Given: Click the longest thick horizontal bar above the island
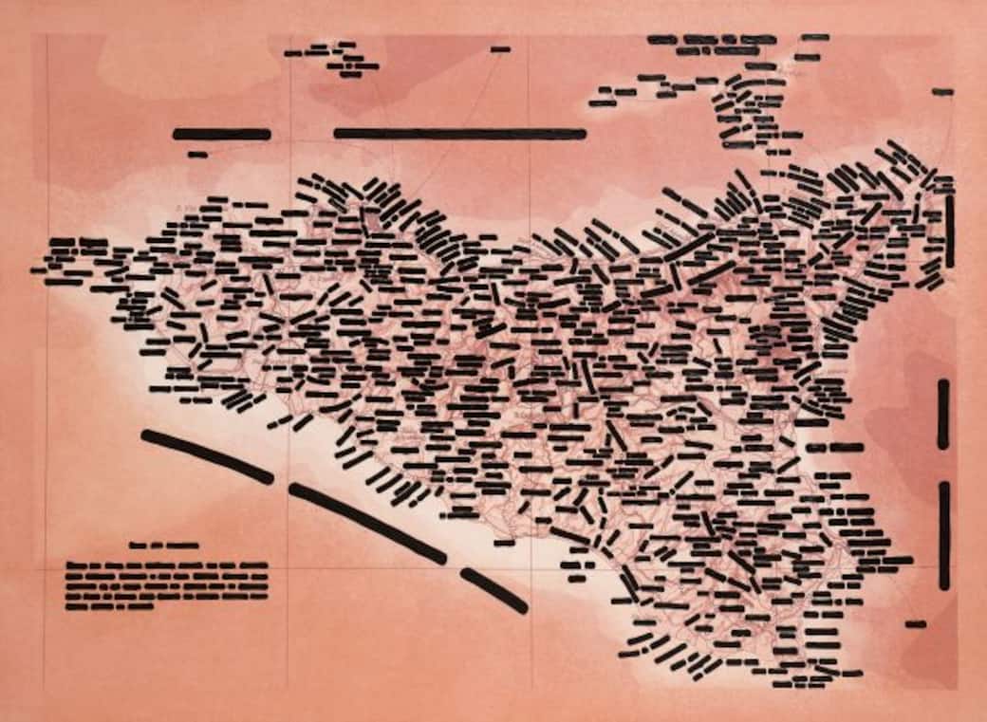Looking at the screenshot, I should coord(459,134).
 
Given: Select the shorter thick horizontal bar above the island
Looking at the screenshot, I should coord(221,135).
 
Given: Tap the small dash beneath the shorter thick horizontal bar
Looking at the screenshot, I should coord(197,154).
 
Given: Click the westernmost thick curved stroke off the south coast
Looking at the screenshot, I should coord(206,454).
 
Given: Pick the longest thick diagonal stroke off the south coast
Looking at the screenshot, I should coord(366,521).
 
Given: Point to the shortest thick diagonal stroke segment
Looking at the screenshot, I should coord(493,590).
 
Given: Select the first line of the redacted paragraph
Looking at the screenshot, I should coord(167,566).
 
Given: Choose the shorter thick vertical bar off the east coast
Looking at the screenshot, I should coord(942,414).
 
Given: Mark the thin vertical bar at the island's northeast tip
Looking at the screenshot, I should coord(950,231).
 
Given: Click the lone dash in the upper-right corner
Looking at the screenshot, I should coord(942,92).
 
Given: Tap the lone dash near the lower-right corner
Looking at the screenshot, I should coord(916,624).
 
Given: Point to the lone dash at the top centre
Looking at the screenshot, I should coord(501,48).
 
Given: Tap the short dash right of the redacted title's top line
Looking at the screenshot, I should coord(815,37).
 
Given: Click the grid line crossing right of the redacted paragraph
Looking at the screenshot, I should coord(287,569).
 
